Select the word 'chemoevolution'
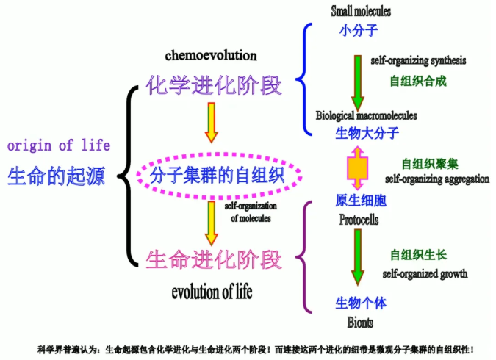coord(211,55)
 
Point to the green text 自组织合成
coord(417,81)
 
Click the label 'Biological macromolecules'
coord(367,115)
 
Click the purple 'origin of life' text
coord(59,145)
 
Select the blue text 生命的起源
coord(57,176)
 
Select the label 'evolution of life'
coord(212,292)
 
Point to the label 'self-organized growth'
coord(425,274)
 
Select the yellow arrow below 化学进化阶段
coord(212,122)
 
